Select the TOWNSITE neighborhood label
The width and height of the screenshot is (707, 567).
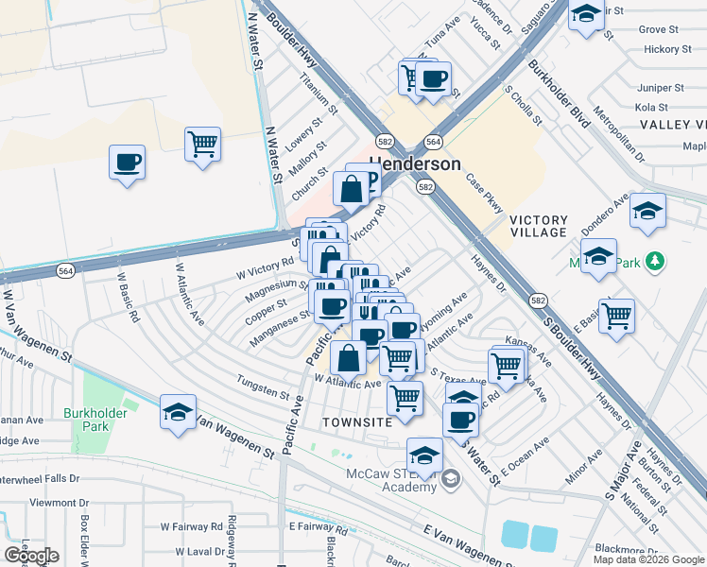[x=356, y=421]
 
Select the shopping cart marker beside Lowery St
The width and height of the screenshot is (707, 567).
[x=202, y=145]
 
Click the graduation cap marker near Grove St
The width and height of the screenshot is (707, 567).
[x=586, y=15]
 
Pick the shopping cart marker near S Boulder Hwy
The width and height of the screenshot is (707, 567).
[x=616, y=316]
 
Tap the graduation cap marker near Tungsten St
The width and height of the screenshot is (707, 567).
[x=177, y=412]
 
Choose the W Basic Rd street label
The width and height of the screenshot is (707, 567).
[x=129, y=299]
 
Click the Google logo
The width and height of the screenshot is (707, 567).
[x=31, y=555]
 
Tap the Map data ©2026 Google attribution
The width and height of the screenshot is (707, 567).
[x=647, y=559]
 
